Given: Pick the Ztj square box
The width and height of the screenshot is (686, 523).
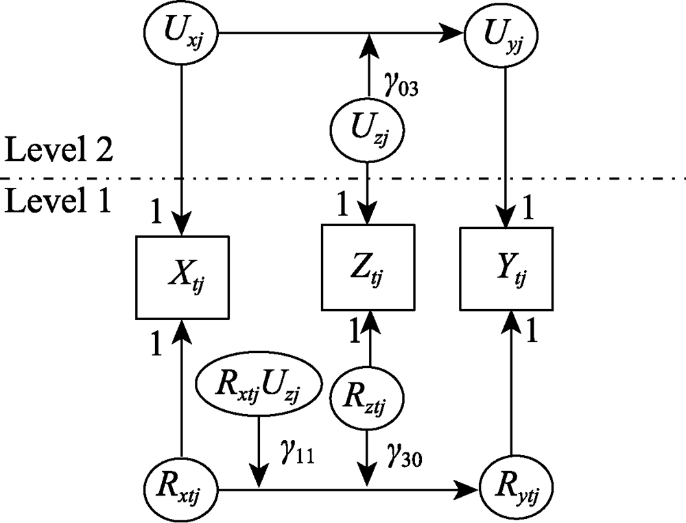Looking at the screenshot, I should [x=368, y=267].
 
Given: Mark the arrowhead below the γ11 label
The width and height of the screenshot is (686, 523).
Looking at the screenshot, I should [x=259, y=476].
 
